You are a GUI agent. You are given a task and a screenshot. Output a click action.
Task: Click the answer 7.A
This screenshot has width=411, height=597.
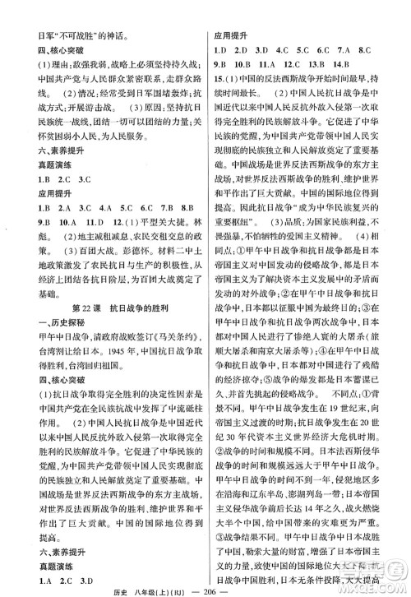pyautogui.click(x=367, y=48)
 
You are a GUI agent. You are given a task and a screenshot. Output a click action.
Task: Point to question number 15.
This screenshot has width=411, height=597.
pyautogui.click(x=219, y=79)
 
